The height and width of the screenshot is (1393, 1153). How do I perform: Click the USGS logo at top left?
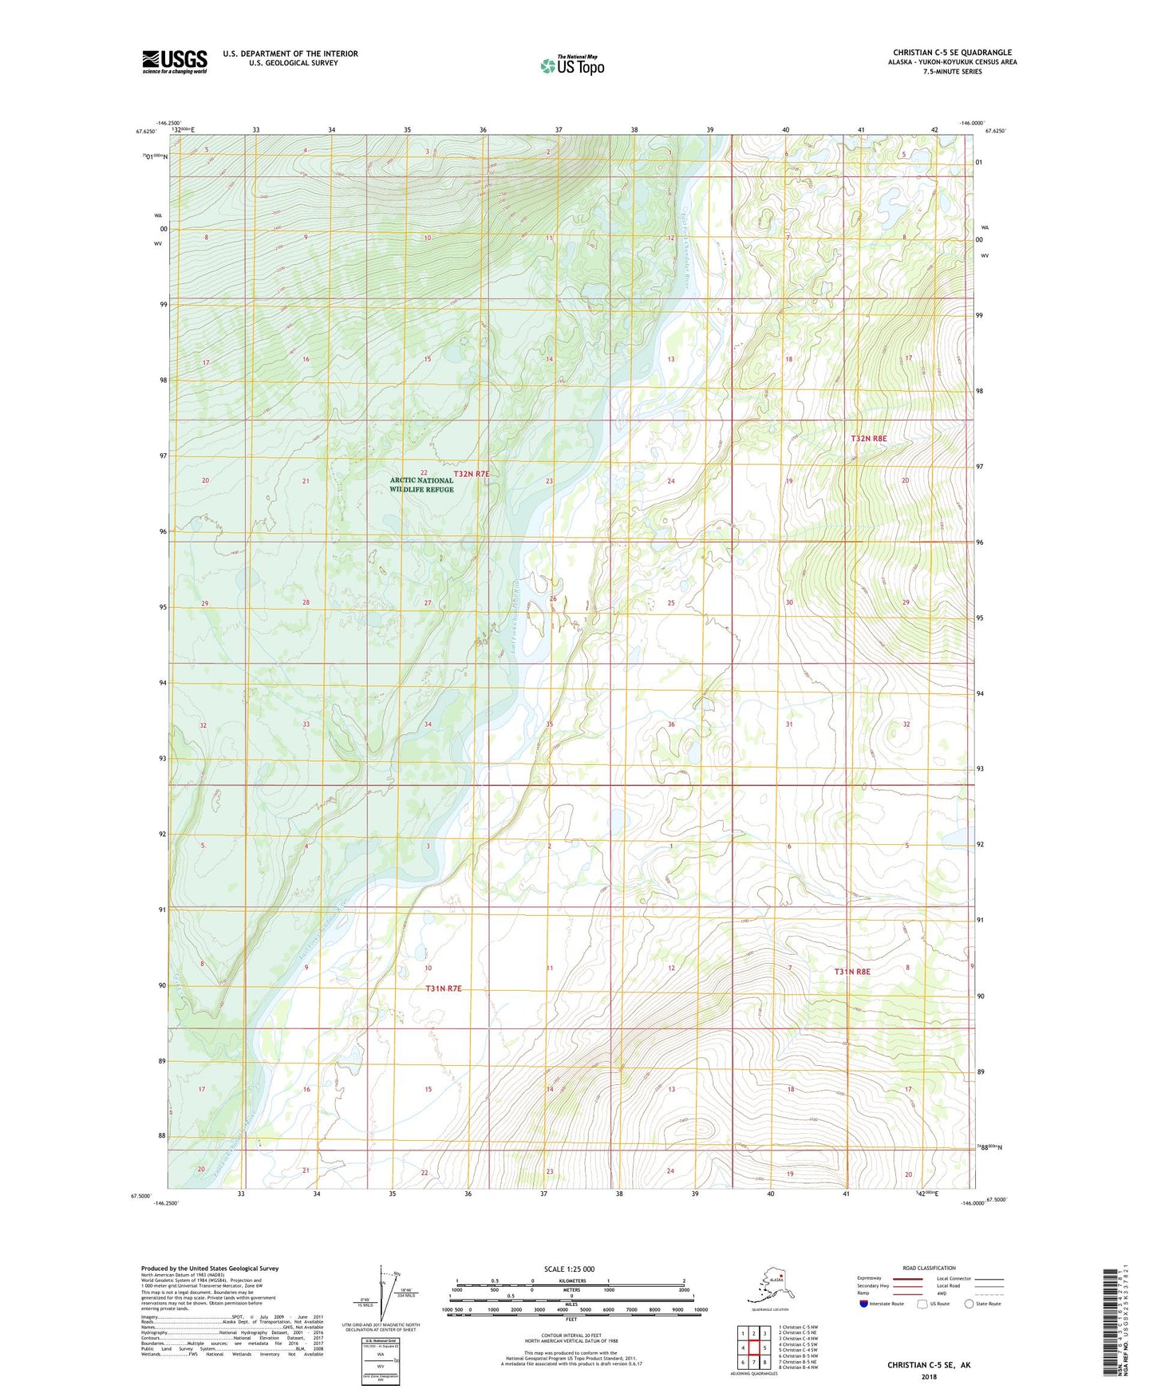point(174,61)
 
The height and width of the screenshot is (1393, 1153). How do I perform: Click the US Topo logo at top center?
point(571,65)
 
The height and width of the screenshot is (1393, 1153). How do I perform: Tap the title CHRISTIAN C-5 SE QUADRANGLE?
point(952,53)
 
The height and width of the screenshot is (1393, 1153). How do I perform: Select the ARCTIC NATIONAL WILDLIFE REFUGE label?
point(421,485)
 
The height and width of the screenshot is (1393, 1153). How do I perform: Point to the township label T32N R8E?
point(868,439)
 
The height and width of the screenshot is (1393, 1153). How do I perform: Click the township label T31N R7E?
point(444,989)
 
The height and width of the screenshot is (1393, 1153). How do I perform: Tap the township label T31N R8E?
point(852,972)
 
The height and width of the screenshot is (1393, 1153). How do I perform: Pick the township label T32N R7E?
point(471,474)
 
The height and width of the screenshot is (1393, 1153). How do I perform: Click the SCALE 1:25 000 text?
point(569,1269)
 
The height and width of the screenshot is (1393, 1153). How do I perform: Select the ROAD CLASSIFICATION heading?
point(929,1268)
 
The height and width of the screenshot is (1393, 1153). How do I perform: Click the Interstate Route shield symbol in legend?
point(864,1304)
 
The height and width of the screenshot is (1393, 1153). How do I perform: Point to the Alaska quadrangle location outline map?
point(769,1288)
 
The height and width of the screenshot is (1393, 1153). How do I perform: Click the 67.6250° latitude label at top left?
point(148,132)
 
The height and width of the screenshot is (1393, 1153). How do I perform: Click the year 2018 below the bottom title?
point(929,1376)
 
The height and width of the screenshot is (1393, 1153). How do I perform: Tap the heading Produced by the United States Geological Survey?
point(210,1269)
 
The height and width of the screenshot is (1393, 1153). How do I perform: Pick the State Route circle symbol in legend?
point(969,1304)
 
